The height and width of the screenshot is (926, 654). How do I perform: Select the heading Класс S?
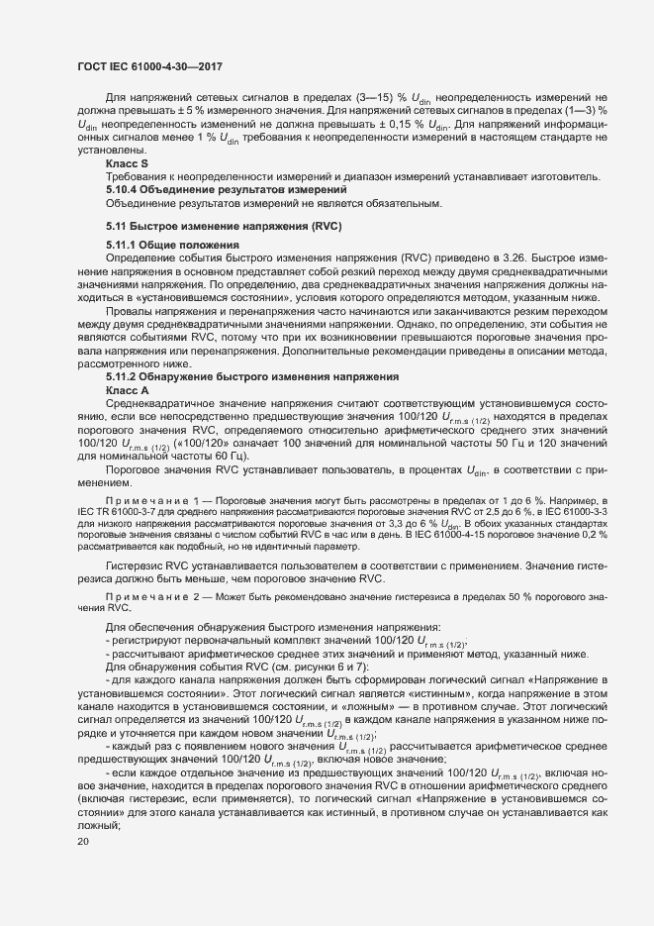tap(127, 162)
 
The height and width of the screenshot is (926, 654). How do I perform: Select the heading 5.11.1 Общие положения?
tap(172, 245)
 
